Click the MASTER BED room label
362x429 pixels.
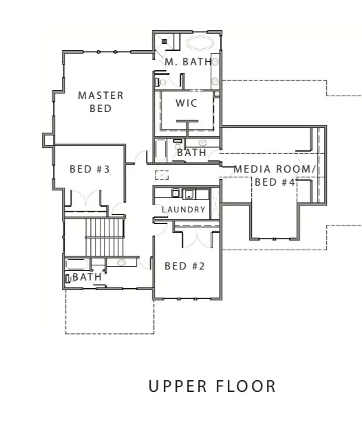tap(100, 102)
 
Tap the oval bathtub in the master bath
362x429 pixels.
tap(200, 43)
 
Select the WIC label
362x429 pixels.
tap(187, 103)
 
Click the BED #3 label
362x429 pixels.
tap(90, 169)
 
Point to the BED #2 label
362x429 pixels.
tap(185, 266)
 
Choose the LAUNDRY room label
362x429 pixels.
tap(184, 210)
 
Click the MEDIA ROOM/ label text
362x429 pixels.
tap(275, 169)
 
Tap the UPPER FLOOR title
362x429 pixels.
tap(212, 386)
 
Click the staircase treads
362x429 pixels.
tap(105, 236)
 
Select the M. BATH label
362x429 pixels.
tap(188, 62)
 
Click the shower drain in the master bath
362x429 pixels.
tap(164, 41)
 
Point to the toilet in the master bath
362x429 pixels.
tap(161, 82)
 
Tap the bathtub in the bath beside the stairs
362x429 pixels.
tap(77, 265)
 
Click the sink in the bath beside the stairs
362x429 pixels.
tap(121, 263)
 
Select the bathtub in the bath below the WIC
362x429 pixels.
tap(160, 151)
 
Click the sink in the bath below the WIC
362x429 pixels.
tap(202, 142)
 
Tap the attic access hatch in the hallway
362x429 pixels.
tap(162, 175)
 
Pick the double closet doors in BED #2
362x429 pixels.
tap(197, 239)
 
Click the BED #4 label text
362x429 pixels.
tap(275, 182)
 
